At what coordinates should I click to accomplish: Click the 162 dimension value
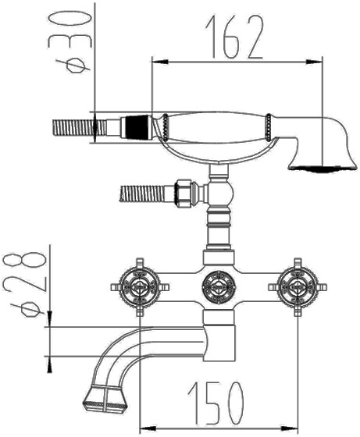(234, 37)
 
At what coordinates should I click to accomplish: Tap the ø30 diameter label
(70, 42)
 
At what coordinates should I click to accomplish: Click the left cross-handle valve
(140, 287)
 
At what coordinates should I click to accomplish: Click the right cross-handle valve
(298, 287)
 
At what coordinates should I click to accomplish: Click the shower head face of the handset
(323, 168)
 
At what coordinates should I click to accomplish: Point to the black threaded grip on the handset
(136, 127)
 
